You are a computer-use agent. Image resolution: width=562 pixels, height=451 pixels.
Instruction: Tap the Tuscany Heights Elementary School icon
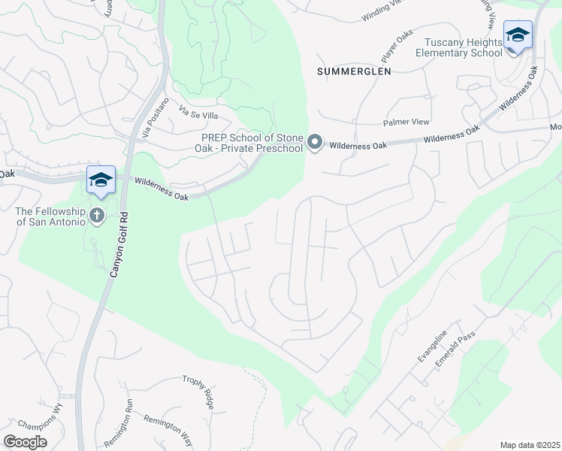click(518, 35)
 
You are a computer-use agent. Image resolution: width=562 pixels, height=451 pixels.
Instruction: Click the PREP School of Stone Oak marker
click(316, 142)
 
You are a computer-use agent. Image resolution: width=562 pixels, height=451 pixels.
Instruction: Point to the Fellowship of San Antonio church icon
click(96, 216)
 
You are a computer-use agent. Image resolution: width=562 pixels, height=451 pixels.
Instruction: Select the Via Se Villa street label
click(198, 114)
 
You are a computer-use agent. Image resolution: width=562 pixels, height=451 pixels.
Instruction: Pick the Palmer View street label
click(406, 122)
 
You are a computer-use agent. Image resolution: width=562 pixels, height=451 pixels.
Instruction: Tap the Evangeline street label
click(432, 345)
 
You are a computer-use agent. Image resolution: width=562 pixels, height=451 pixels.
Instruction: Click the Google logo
click(25, 441)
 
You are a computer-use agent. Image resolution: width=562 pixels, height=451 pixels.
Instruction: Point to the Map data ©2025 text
click(530, 445)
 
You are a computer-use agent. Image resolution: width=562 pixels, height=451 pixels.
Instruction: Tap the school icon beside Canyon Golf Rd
click(101, 181)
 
